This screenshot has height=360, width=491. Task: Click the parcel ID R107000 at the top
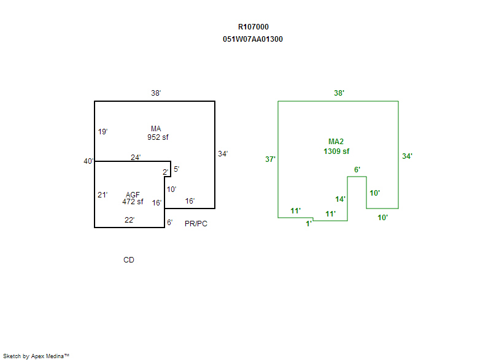point(253,27)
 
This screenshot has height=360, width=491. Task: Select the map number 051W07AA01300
point(253,39)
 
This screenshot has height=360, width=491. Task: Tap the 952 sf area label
point(158,137)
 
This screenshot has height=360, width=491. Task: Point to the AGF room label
point(133,195)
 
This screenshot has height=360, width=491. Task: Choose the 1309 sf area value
point(336,151)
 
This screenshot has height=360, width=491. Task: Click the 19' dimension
point(102,132)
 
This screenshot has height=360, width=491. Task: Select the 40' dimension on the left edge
point(89,161)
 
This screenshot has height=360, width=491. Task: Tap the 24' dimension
point(136,157)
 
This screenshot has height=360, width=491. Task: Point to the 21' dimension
point(102,195)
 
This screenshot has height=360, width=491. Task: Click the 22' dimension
point(130,220)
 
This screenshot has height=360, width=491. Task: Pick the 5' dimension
point(176,169)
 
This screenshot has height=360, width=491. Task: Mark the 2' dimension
point(165,172)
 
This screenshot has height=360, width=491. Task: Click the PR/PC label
point(196,224)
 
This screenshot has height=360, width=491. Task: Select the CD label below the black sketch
point(129,260)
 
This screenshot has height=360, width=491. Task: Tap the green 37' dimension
point(270,159)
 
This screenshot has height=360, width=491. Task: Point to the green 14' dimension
point(341,199)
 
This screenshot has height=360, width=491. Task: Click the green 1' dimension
point(309,224)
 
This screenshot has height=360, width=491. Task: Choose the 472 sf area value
point(133,202)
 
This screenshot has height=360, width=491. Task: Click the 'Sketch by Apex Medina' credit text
point(36,356)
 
